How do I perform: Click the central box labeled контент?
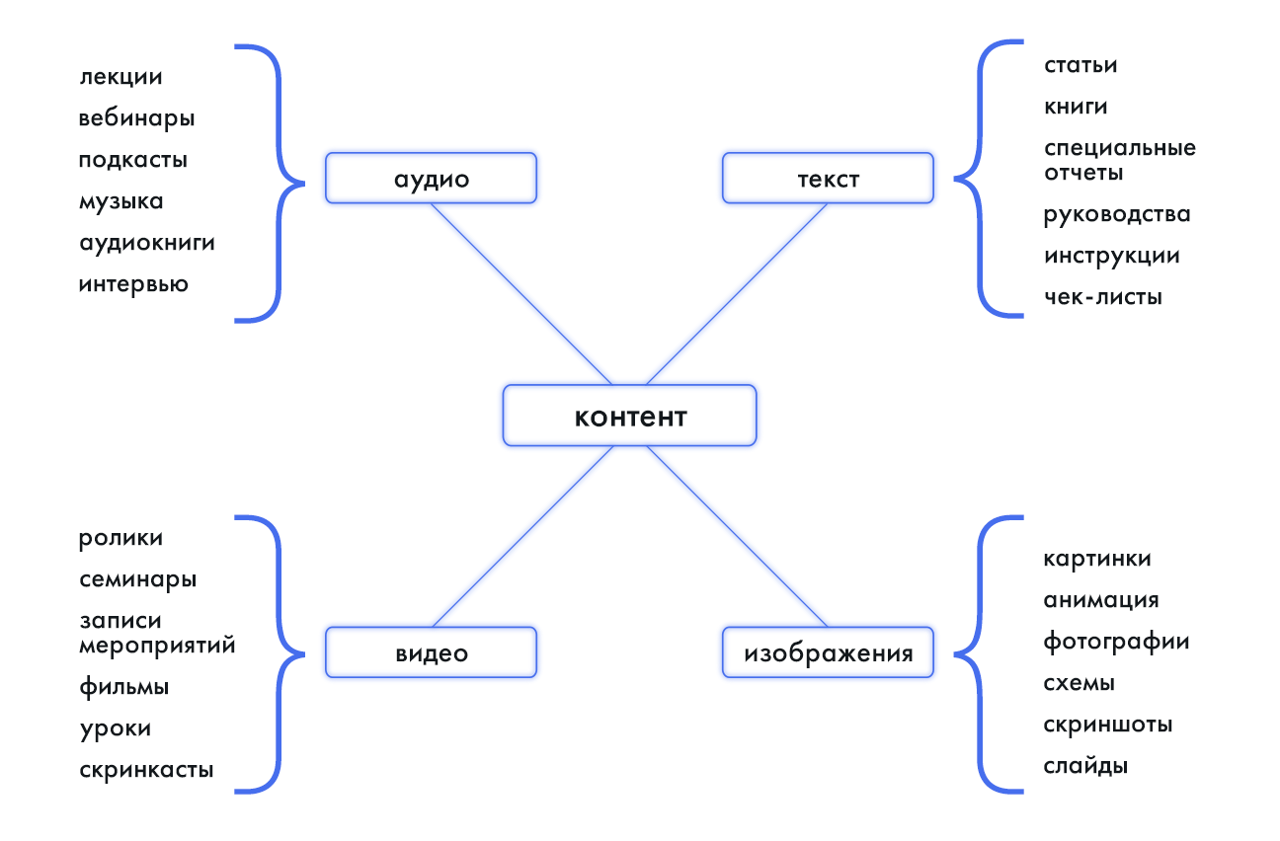click(630, 416)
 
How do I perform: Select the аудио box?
click(431, 179)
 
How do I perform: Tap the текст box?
click(828, 179)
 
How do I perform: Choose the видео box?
click(431, 653)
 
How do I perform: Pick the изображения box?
click(828, 653)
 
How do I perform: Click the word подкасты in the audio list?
click(133, 160)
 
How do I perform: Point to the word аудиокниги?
click(147, 243)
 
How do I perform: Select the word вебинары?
click(137, 118)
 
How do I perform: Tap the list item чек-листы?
click(1103, 297)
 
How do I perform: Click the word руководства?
click(1117, 214)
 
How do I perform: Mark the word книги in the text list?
click(1076, 107)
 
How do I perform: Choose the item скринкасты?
click(146, 770)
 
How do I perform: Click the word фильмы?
click(124, 686)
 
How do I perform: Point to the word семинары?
click(138, 579)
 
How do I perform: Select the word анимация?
click(1101, 600)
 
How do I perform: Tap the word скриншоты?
click(1108, 725)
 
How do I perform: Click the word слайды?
click(1085, 766)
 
